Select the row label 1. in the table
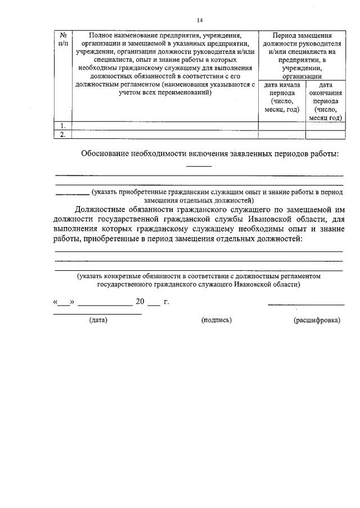click(63, 125)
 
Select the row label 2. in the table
click(63, 134)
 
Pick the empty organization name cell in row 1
click(165, 125)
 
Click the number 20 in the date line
click(141, 302)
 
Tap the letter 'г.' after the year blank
click(166, 302)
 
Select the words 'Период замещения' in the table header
click(301, 35)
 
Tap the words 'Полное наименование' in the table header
click(126, 35)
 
